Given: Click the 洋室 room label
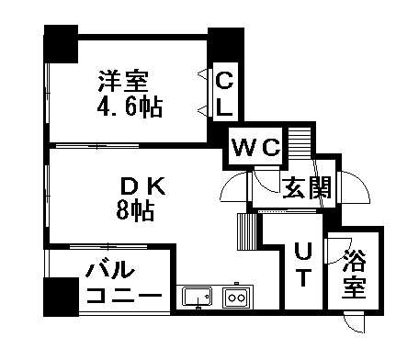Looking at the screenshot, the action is (127, 81).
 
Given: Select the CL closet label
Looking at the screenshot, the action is (224, 93).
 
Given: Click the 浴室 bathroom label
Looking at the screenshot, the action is (353, 274).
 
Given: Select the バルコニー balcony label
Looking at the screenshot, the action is (123, 285).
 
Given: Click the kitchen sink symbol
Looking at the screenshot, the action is (197, 297).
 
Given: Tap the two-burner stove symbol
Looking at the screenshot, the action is (234, 297).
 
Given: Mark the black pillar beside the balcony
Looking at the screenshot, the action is (60, 296).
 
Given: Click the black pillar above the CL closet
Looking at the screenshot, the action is (223, 45).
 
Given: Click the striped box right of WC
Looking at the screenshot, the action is (301, 144).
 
